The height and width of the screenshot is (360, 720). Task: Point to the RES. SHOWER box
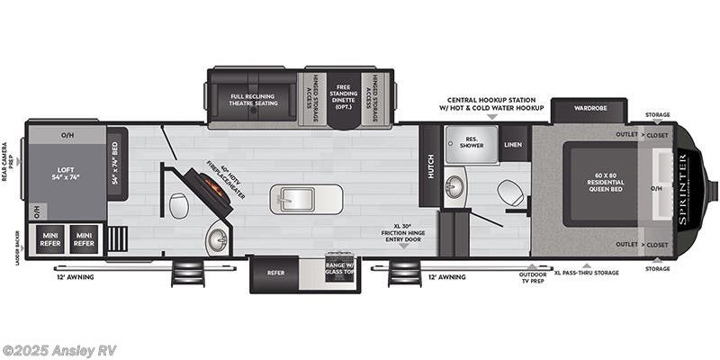point(472,142)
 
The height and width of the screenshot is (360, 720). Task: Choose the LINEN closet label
point(513,143)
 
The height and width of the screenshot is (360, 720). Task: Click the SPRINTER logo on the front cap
point(682,188)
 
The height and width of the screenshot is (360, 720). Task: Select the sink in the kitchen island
point(306,198)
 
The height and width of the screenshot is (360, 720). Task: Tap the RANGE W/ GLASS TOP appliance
point(340,265)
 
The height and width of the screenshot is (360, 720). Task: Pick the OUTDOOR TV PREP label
point(534,279)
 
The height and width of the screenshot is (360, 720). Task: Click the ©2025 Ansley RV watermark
point(59,350)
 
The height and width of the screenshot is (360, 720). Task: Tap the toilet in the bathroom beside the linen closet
point(509,193)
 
